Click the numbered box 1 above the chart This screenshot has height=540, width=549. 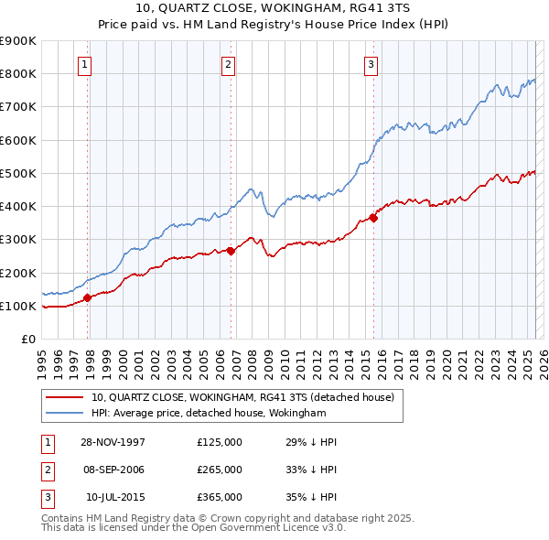(x=84, y=64)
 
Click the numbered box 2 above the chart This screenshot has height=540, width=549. (x=227, y=64)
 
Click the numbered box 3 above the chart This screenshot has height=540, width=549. (x=371, y=64)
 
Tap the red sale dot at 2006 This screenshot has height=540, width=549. (x=231, y=251)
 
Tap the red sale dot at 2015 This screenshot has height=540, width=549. (x=373, y=218)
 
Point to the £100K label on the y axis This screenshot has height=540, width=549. (x=18, y=306)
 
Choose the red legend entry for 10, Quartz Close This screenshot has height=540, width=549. (x=242, y=397)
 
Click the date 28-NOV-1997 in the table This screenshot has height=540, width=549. (x=113, y=442)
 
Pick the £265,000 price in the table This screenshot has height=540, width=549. (x=219, y=470)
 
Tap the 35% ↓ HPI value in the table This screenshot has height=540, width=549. (x=311, y=497)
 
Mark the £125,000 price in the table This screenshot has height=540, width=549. (x=219, y=442)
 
